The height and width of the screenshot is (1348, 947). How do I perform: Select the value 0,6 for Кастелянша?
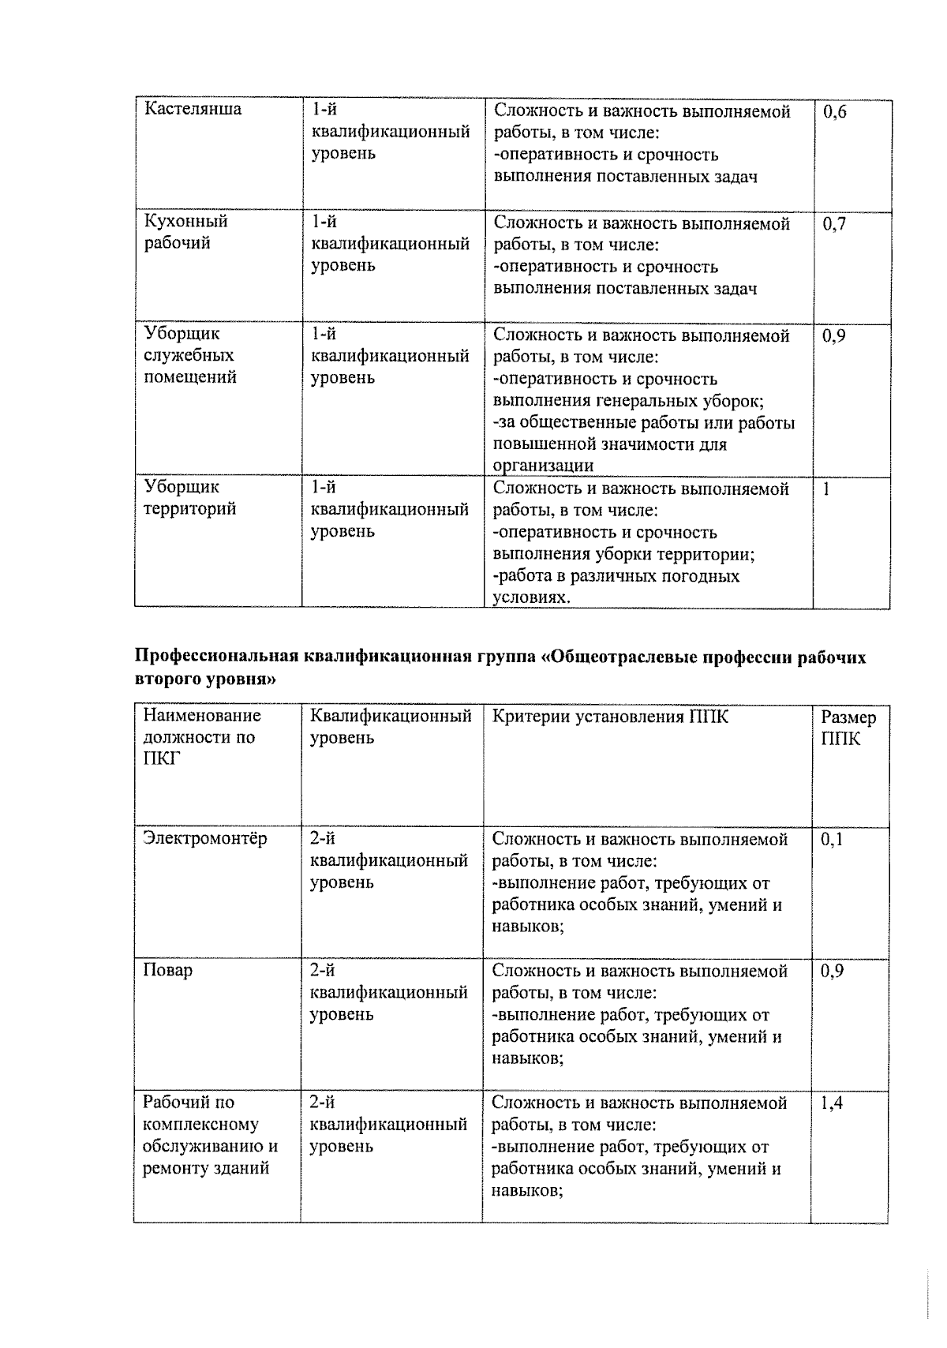834,112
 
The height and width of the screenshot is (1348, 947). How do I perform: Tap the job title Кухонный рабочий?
185,232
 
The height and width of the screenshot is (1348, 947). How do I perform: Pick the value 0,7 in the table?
834,224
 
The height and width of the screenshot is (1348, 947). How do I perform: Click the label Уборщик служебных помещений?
189,356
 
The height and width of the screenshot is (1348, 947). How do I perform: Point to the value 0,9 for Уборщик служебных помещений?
834,336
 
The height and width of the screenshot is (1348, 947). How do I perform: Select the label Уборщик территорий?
189,498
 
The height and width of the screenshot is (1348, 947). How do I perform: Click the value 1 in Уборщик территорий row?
825,489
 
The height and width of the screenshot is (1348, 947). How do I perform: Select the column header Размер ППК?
848,728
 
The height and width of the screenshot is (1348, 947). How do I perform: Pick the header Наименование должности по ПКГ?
201,737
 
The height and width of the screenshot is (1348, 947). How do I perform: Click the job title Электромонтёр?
205,838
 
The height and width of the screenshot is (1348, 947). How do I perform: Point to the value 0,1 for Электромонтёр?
832,840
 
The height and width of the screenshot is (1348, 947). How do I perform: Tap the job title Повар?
167,970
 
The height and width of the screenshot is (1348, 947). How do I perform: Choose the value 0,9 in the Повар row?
832,972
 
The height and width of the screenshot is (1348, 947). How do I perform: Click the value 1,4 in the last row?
832,1103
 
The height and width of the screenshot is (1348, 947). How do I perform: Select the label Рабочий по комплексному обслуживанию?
210,1135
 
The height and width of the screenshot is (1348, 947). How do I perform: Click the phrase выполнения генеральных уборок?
628,401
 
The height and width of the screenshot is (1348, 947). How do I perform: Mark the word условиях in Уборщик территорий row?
531,597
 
